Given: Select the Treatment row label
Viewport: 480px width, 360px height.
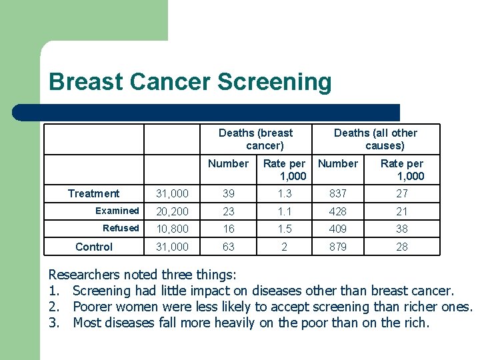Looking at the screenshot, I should tap(94, 193).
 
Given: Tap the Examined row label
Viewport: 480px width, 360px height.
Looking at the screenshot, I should tap(117, 211).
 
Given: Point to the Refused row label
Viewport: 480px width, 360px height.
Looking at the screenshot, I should tap(121, 228).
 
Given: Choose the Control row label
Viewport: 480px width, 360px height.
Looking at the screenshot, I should tap(94, 247).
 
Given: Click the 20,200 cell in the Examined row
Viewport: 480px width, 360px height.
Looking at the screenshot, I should tap(172, 211).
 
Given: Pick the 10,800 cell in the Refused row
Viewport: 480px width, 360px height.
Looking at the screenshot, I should tap(172, 229).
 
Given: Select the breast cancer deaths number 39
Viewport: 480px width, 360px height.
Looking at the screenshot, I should tap(228, 193).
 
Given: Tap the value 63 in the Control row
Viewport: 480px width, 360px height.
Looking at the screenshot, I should tap(228, 247).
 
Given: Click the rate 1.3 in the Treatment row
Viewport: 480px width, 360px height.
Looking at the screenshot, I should tap(284, 193).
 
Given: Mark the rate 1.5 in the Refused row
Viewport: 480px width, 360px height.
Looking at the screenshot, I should tap(284, 229).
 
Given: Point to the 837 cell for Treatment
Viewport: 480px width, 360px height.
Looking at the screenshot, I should tap(337, 193).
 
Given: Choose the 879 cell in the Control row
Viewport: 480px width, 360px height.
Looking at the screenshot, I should tap(337, 247).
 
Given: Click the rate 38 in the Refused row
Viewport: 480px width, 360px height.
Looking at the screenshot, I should tap(401, 229).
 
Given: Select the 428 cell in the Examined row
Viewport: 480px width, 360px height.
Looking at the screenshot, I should tap(337, 211).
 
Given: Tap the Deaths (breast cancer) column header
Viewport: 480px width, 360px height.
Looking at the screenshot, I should tap(256, 139).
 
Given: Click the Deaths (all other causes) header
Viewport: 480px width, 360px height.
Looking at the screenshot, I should tap(375, 139).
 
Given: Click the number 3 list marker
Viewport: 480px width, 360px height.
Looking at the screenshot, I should tap(53, 323).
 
